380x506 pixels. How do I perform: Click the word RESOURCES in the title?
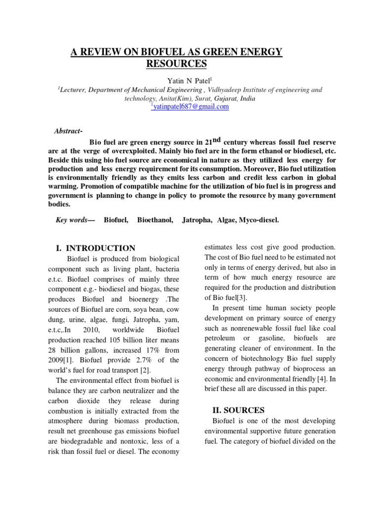click(176, 64)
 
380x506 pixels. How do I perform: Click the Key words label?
click(74, 219)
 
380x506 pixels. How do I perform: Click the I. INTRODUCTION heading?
click(94, 248)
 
